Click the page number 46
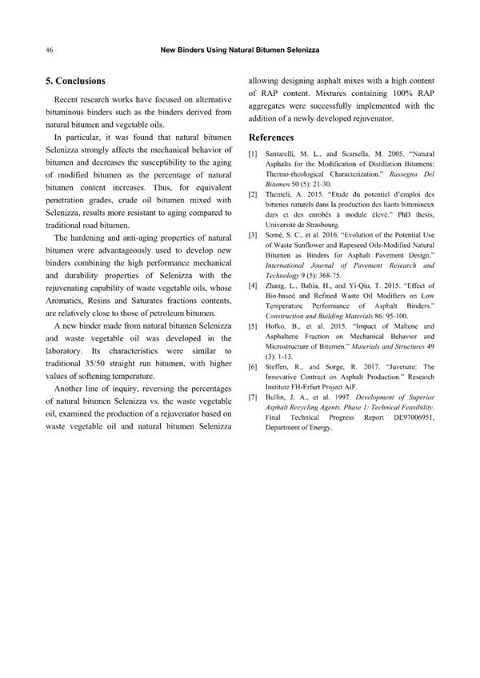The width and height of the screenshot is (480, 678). (50, 50)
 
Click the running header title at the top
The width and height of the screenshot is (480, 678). (239, 50)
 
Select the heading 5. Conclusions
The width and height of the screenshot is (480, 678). (75, 81)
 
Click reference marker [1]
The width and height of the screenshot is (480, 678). (253, 153)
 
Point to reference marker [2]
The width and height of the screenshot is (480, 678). (253, 194)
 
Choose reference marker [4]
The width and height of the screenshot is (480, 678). (253, 285)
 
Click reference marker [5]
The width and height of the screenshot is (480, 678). (253, 326)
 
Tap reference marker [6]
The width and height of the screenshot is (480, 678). (253, 367)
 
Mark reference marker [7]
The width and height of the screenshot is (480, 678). (253, 397)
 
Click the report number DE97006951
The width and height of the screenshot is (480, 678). (410, 418)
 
